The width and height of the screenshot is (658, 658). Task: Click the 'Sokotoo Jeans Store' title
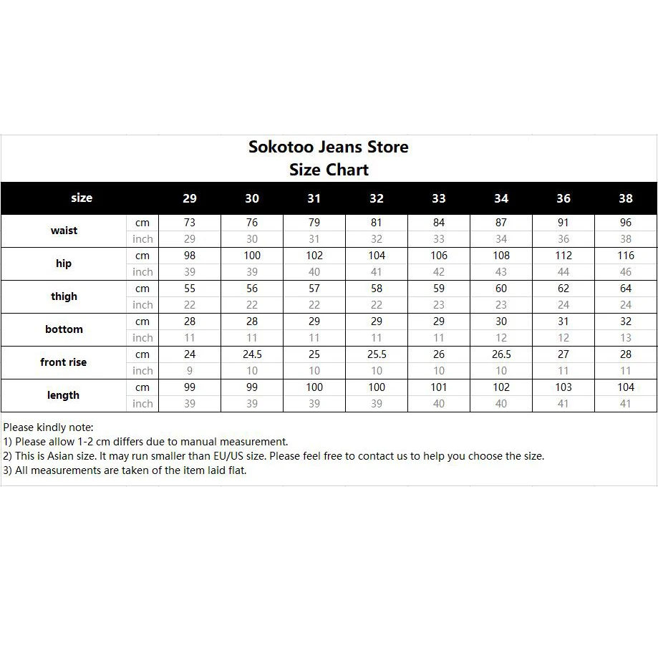329,147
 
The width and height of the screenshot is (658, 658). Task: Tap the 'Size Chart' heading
329,170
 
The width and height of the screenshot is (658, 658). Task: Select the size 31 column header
314,198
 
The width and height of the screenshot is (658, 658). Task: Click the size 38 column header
626,198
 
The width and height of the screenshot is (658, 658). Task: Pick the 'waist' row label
64,231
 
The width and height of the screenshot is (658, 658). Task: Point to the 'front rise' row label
63,362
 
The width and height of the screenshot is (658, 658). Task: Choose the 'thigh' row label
64,296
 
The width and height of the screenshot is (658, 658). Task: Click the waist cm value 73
190,223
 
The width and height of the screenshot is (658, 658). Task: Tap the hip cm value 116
626,256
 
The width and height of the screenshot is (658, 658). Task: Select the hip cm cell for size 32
377,256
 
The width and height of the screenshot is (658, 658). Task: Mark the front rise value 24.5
252,354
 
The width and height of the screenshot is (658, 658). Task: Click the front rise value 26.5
501,354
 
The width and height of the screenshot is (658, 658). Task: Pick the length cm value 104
626,387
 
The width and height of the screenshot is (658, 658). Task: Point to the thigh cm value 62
563,289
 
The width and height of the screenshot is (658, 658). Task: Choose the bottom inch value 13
626,338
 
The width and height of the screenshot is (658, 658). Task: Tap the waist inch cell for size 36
563,239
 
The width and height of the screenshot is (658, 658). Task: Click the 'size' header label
82,198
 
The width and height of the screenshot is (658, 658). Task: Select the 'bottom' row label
64,329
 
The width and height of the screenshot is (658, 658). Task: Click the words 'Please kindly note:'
48,427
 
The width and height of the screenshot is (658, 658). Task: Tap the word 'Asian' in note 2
64,456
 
